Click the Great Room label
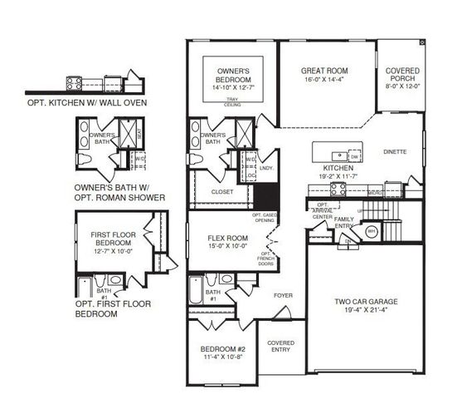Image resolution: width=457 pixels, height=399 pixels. tap(323, 71)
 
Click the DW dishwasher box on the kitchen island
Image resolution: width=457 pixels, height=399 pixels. tap(354, 156)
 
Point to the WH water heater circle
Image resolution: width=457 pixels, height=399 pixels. tap(372, 232)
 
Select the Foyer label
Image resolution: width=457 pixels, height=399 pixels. tap(284, 294)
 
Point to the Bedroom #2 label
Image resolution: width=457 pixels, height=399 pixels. tap(220, 349)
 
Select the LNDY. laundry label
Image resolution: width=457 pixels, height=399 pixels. tap(267, 169)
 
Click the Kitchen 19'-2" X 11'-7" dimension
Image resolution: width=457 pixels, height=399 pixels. tap(338, 176)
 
